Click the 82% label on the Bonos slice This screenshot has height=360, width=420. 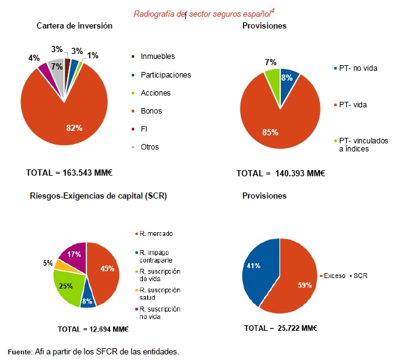pos(74,127)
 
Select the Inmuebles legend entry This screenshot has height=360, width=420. pos(158,56)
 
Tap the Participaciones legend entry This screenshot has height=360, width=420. pos(166,75)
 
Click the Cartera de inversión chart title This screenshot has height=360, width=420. pos(75,26)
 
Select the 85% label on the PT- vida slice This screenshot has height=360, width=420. pos(270,132)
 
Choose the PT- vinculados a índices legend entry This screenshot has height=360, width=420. pos(363,145)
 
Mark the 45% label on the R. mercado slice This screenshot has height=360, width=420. pos(106,268)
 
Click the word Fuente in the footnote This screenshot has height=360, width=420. pos(19,352)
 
